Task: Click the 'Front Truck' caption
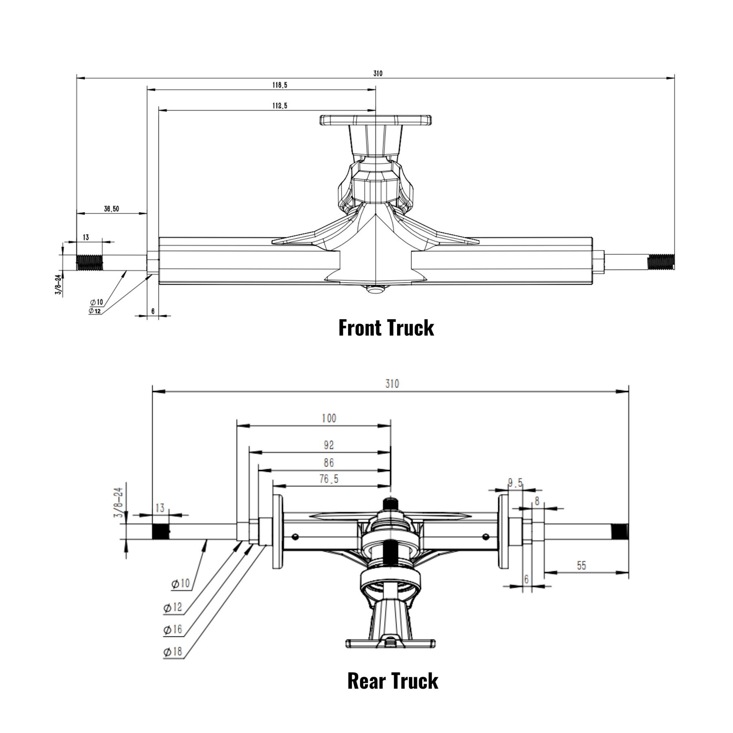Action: pos(386,328)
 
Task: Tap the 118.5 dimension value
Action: pos(280,85)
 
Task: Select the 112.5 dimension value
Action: pos(280,105)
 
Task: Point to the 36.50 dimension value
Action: pos(112,209)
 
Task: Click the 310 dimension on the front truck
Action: pos(377,74)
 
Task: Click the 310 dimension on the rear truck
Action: pos(392,384)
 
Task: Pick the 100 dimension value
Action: pos(329,418)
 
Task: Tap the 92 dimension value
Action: pos(329,445)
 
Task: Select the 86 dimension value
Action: pos(329,463)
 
